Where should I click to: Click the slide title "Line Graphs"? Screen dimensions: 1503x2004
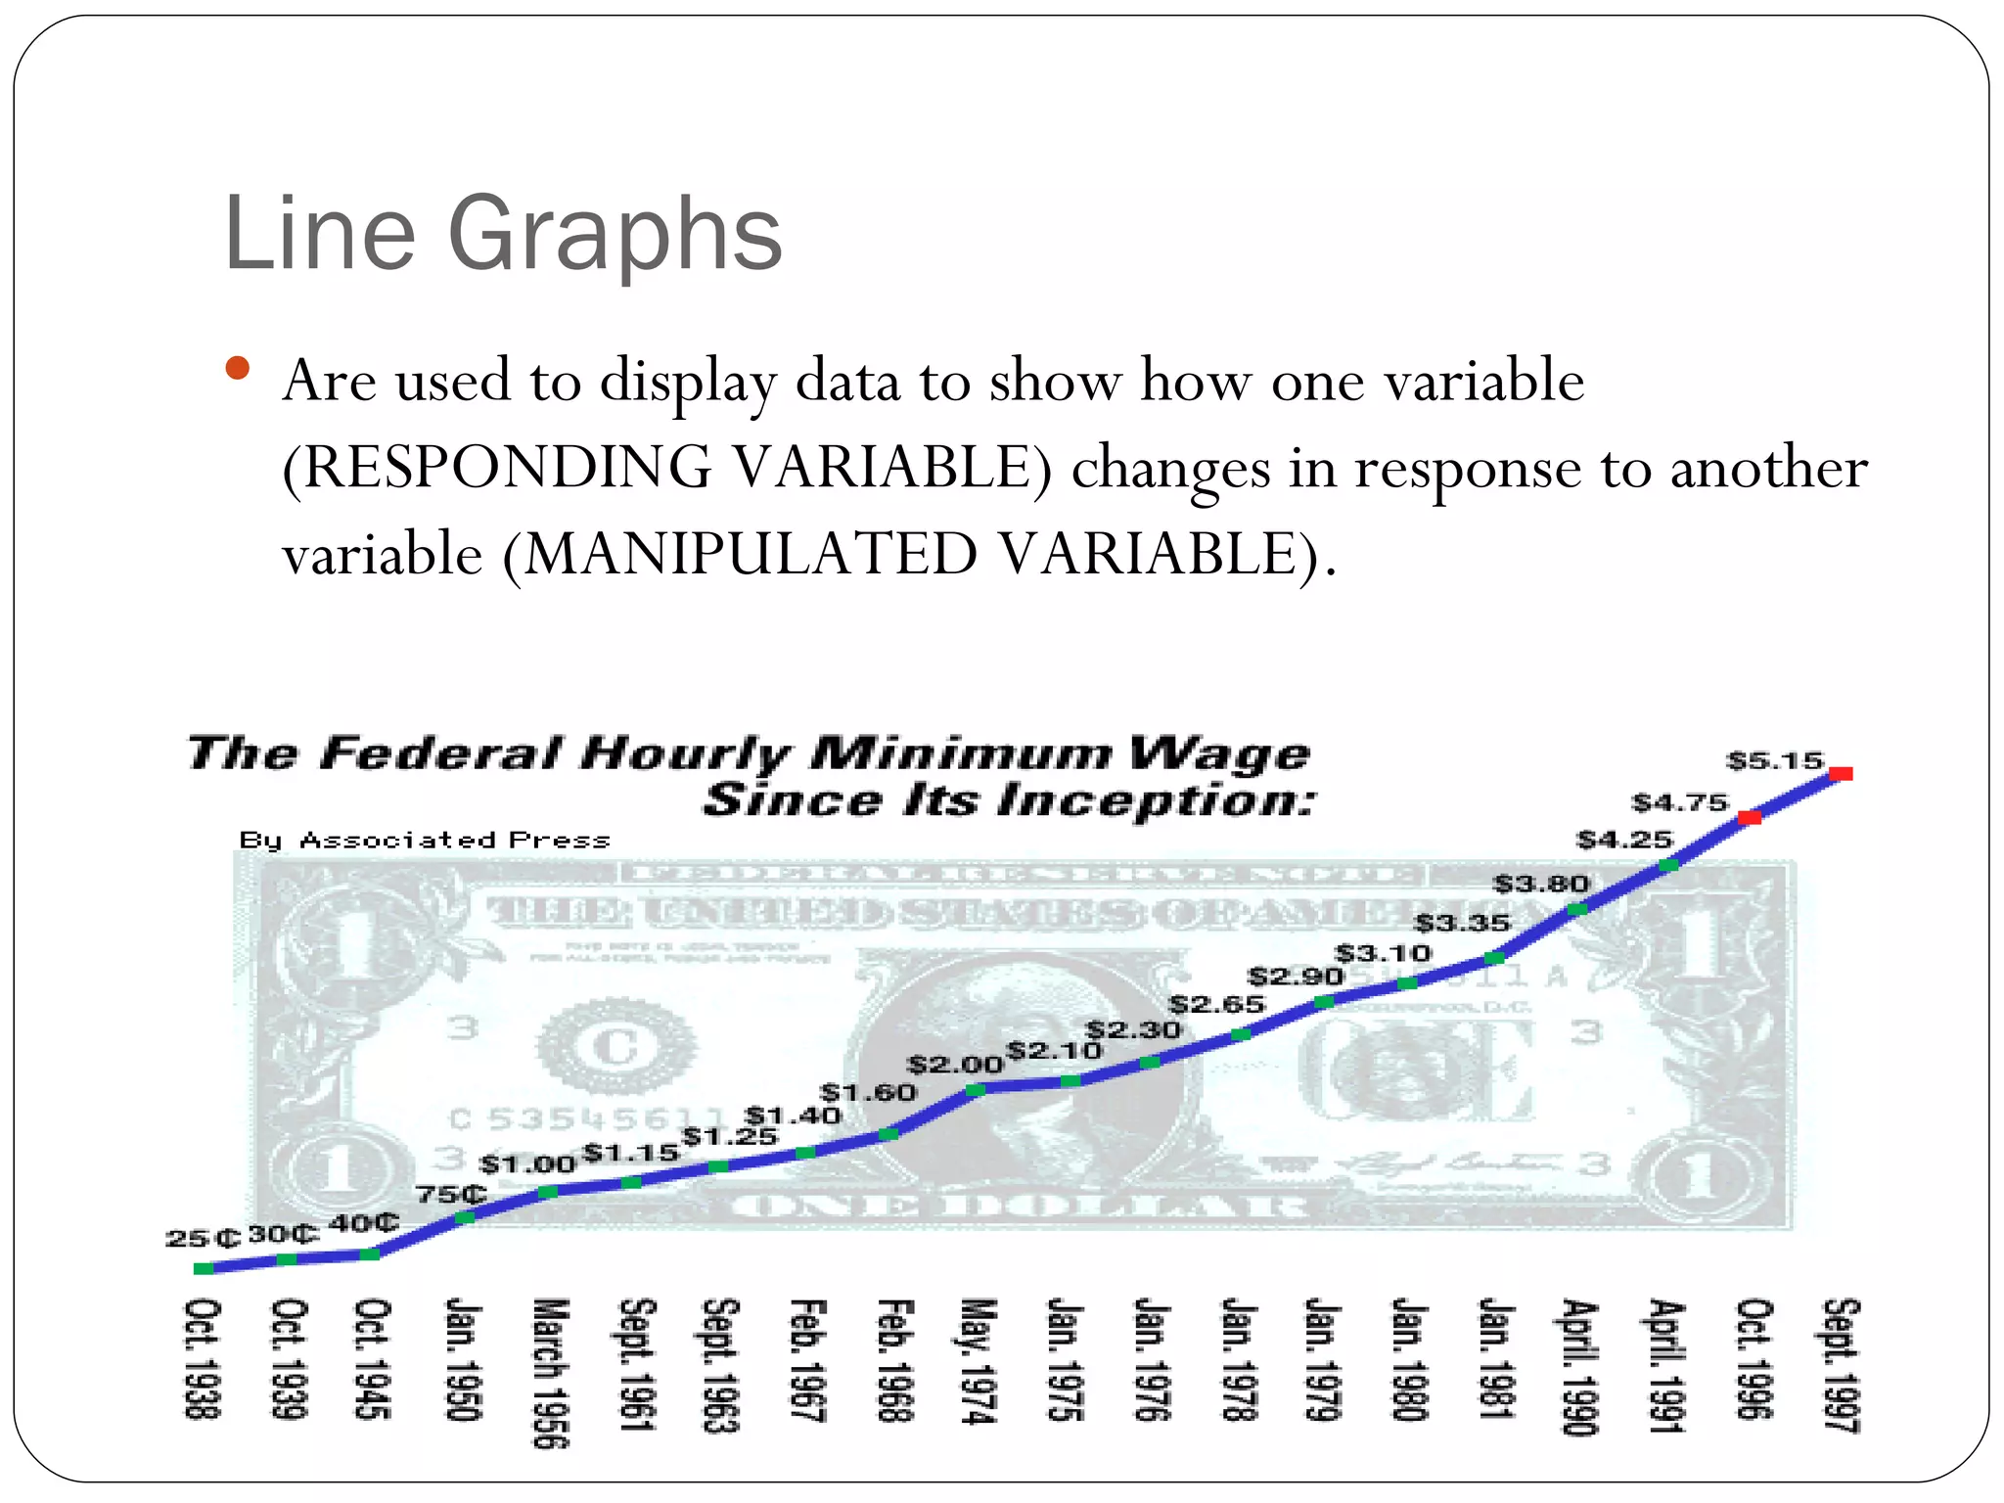503,235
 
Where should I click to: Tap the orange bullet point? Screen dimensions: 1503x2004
237,369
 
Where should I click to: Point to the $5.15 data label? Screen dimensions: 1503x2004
1775,760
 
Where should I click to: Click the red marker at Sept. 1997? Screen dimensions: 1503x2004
1841,774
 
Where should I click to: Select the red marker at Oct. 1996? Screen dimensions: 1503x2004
1750,817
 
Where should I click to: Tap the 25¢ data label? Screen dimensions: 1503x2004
203,1238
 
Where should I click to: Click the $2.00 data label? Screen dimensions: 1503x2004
955,1065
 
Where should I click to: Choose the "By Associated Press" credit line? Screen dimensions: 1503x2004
425,841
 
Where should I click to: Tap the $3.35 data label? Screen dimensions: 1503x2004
1463,923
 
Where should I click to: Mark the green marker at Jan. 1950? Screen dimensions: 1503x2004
466,1217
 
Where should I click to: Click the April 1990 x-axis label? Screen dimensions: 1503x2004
1577,1366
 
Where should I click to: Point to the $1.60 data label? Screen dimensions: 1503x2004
868,1092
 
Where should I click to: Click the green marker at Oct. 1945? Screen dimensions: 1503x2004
371,1253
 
